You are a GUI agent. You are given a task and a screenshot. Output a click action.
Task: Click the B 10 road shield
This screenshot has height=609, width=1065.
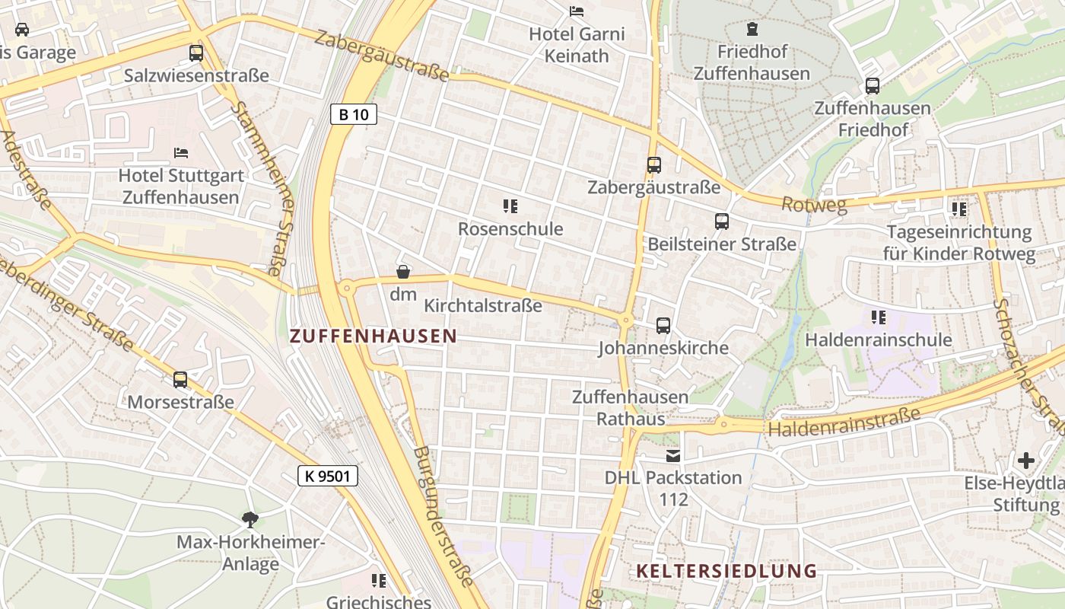pos(354,115)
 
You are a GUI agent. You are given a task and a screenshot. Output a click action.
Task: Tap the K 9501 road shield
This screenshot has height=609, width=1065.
pos(327,477)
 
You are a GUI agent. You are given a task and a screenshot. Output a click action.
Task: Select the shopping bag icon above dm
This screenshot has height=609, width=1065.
pos(403,272)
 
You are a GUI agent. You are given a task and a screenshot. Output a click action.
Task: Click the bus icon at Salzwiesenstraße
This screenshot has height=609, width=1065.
pos(196,53)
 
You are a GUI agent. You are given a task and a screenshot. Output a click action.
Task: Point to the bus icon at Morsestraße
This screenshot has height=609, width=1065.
pos(180,379)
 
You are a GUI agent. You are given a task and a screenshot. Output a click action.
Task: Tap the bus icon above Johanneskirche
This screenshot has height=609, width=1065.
pos(663,326)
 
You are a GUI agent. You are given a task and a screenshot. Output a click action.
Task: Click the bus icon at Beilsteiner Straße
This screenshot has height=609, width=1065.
pos(722,222)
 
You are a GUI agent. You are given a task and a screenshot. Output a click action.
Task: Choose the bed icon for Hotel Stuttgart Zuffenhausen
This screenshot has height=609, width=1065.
pos(181,153)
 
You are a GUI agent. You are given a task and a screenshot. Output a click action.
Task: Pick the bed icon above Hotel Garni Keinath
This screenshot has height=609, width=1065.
pos(577,11)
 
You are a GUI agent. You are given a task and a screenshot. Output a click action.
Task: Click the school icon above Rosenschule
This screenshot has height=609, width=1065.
pos(510,206)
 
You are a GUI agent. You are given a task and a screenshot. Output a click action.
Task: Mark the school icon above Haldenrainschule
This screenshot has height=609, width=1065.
pos(879,317)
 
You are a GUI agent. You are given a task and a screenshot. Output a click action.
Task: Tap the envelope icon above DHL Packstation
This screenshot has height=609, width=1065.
pos(673,456)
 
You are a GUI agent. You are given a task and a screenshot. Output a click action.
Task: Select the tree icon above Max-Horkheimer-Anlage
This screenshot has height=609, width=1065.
pos(250,520)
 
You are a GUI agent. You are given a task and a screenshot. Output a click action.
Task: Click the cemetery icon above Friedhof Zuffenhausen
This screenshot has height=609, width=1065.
pos(752,30)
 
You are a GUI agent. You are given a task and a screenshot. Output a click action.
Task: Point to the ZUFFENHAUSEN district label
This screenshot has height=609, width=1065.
pos(374,336)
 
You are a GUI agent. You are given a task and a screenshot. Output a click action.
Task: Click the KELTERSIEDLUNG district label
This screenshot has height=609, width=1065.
pos(726,571)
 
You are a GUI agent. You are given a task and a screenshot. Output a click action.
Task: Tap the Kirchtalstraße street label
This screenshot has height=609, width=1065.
pos(483,306)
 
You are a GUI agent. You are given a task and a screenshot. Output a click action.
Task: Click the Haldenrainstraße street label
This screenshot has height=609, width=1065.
pos(844,422)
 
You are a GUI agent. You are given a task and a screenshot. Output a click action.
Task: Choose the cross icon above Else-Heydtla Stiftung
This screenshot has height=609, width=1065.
pos(1026,461)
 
